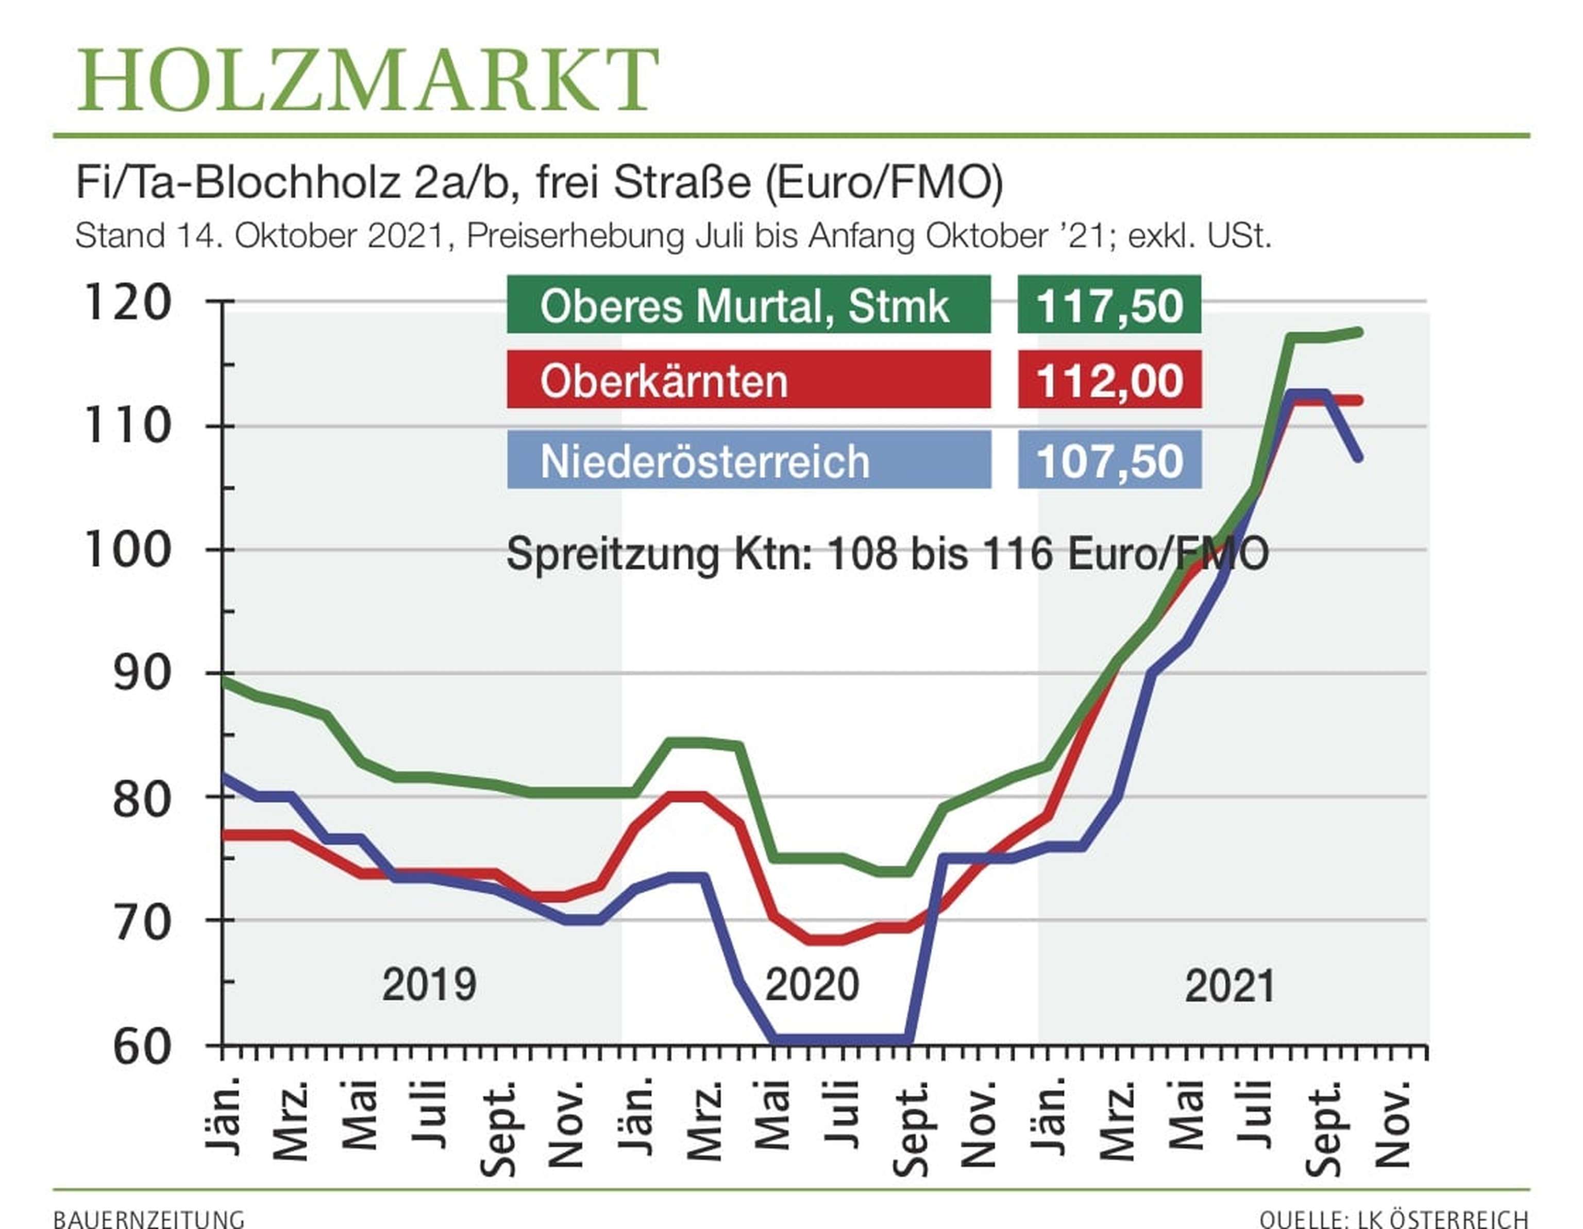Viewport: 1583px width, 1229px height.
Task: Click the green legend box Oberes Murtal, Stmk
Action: point(748,305)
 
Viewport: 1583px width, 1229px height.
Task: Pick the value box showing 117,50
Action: point(1109,305)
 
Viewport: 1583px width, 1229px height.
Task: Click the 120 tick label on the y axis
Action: point(128,302)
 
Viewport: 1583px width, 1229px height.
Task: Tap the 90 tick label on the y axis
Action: point(142,674)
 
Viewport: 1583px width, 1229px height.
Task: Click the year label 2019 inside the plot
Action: point(429,985)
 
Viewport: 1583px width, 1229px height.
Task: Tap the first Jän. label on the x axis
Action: point(223,1116)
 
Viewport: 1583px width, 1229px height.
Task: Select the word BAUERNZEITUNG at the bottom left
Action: point(148,1219)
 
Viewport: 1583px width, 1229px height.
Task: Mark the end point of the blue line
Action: point(1358,457)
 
